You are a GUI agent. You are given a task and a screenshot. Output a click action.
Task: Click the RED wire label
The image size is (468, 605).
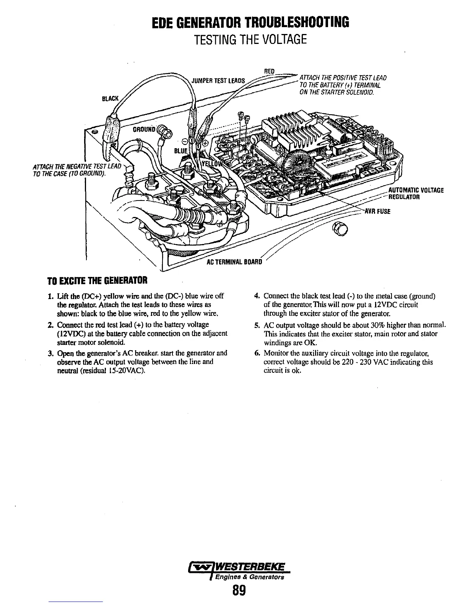coord(270,71)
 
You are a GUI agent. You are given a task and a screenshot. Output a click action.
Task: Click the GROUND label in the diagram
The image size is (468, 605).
coord(143,129)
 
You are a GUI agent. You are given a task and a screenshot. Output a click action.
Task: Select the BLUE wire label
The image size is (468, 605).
coord(181,151)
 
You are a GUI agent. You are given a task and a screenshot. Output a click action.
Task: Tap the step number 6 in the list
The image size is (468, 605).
coord(257,353)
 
